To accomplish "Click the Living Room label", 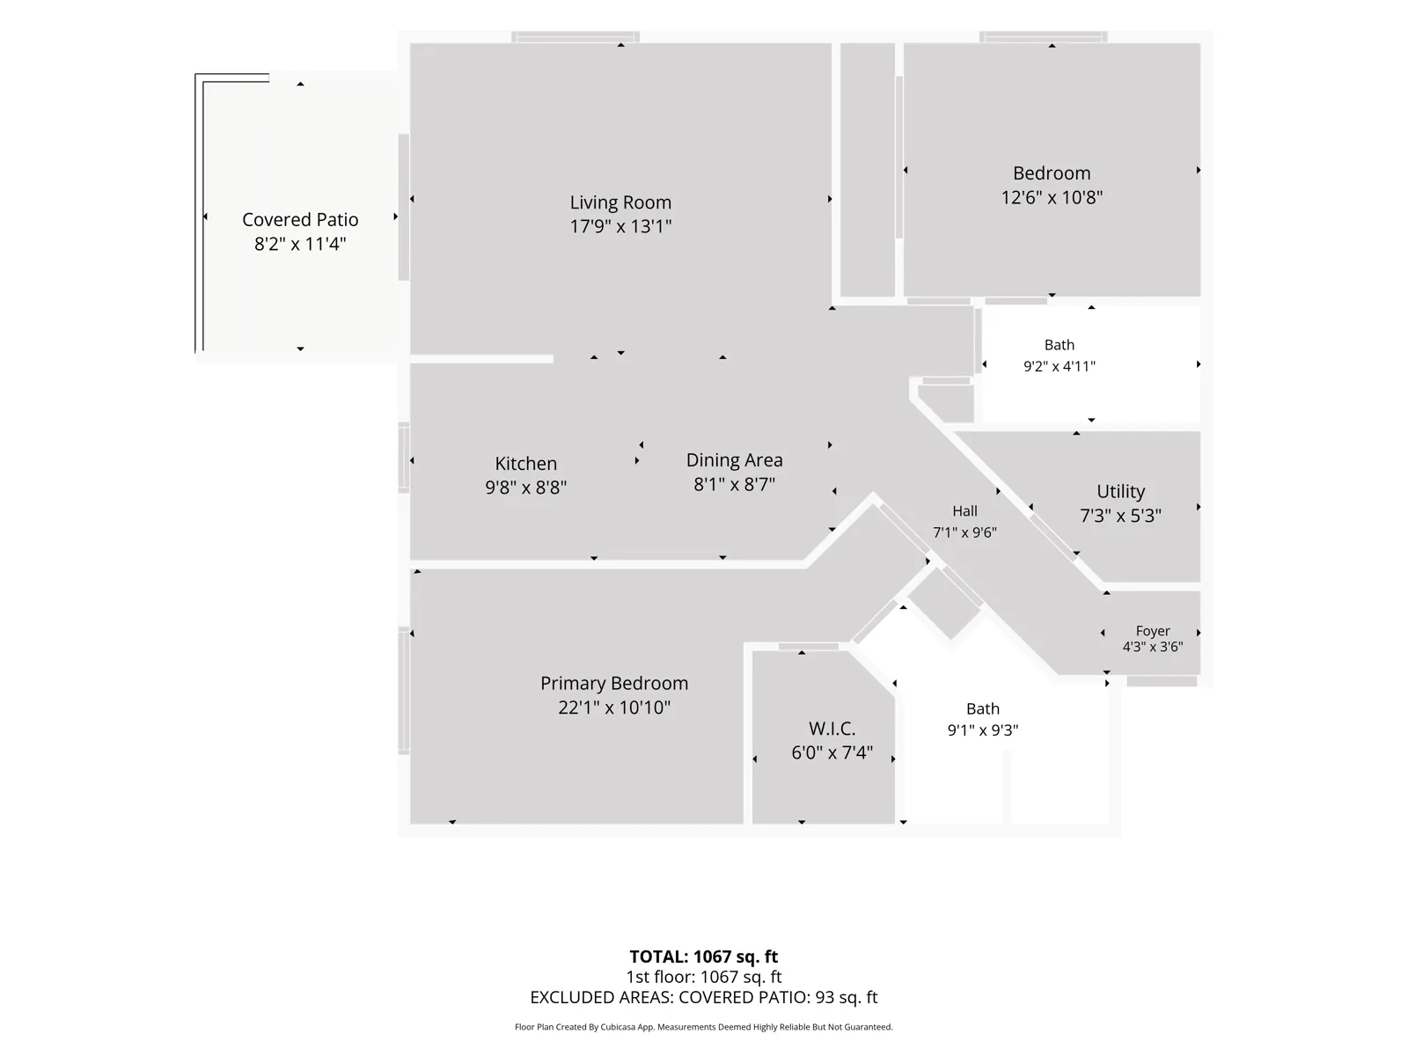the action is (620, 202).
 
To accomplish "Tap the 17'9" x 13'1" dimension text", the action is (620, 226).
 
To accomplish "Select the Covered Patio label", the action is (300, 220).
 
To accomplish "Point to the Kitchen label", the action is (525, 464).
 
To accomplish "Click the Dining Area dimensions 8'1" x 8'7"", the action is (734, 484).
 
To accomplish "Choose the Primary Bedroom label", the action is (614, 684).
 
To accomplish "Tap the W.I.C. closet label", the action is (832, 729).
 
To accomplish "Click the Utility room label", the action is (1120, 492).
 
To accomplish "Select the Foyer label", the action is (1152, 631).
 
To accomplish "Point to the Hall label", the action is (964, 511).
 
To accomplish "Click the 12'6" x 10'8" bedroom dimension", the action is (1052, 197).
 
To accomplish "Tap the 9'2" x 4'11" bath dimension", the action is (1059, 366).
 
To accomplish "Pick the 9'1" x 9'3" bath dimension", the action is (982, 730).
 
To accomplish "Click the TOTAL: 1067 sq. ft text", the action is (703, 957).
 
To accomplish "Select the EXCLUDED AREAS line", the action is (703, 998).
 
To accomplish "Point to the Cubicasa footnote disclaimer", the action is (703, 1027).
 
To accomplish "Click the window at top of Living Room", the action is (575, 37).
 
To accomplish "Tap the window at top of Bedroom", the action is (1043, 37).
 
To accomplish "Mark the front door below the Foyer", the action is (1161, 681).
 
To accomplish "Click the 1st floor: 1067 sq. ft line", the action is (703, 977).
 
